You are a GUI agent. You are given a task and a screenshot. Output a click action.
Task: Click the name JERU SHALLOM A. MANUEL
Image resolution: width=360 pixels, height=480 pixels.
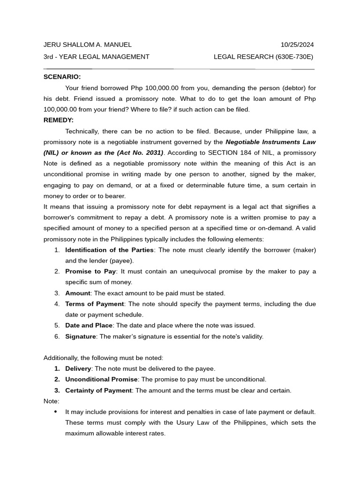(x=87, y=45)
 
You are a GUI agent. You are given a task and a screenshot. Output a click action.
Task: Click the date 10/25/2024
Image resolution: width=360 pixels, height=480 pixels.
(x=297, y=45)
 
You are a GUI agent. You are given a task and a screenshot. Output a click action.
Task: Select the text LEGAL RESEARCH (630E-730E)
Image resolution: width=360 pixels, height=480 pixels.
(x=263, y=57)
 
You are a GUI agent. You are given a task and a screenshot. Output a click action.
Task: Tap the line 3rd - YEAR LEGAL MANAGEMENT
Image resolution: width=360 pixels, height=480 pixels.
(x=96, y=57)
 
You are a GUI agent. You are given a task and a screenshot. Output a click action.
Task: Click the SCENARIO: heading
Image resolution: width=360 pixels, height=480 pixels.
(x=62, y=77)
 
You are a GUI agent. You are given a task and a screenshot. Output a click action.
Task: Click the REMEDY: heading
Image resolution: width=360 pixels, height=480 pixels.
(x=59, y=120)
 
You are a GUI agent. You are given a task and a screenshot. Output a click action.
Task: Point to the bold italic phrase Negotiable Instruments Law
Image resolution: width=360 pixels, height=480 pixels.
(x=270, y=142)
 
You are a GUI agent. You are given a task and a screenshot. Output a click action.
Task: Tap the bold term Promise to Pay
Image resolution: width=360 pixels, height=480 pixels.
(x=90, y=271)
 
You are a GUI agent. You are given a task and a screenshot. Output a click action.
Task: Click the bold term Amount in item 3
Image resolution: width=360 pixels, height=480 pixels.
(x=78, y=293)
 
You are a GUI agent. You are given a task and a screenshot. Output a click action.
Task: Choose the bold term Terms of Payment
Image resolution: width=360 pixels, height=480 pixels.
(x=95, y=304)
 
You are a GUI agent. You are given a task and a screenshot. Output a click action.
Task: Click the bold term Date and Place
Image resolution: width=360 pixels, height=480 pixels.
(x=89, y=325)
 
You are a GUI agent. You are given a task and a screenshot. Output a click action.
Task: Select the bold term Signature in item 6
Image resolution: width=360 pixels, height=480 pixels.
(x=81, y=336)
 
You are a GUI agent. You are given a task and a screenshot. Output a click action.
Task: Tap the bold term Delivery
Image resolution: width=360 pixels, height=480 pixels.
(x=78, y=368)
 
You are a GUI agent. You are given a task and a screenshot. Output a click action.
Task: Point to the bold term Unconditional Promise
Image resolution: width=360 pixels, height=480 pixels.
(x=101, y=379)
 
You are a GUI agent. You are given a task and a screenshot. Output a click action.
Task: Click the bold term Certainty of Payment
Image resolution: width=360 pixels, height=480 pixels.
(x=98, y=390)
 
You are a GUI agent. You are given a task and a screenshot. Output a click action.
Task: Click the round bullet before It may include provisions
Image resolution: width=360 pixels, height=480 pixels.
(x=56, y=412)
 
